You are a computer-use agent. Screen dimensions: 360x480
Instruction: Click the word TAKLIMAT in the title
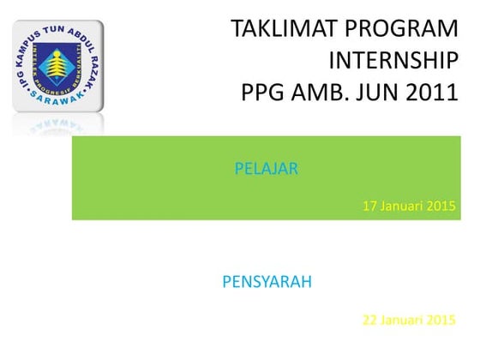tap(284, 29)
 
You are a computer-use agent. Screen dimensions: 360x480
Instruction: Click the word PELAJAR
tap(267, 169)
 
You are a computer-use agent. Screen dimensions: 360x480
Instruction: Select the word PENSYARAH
tap(267, 282)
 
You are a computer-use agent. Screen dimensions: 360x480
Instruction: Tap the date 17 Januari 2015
tap(409, 206)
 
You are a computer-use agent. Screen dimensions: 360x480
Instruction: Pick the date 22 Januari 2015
tap(409, 321)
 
